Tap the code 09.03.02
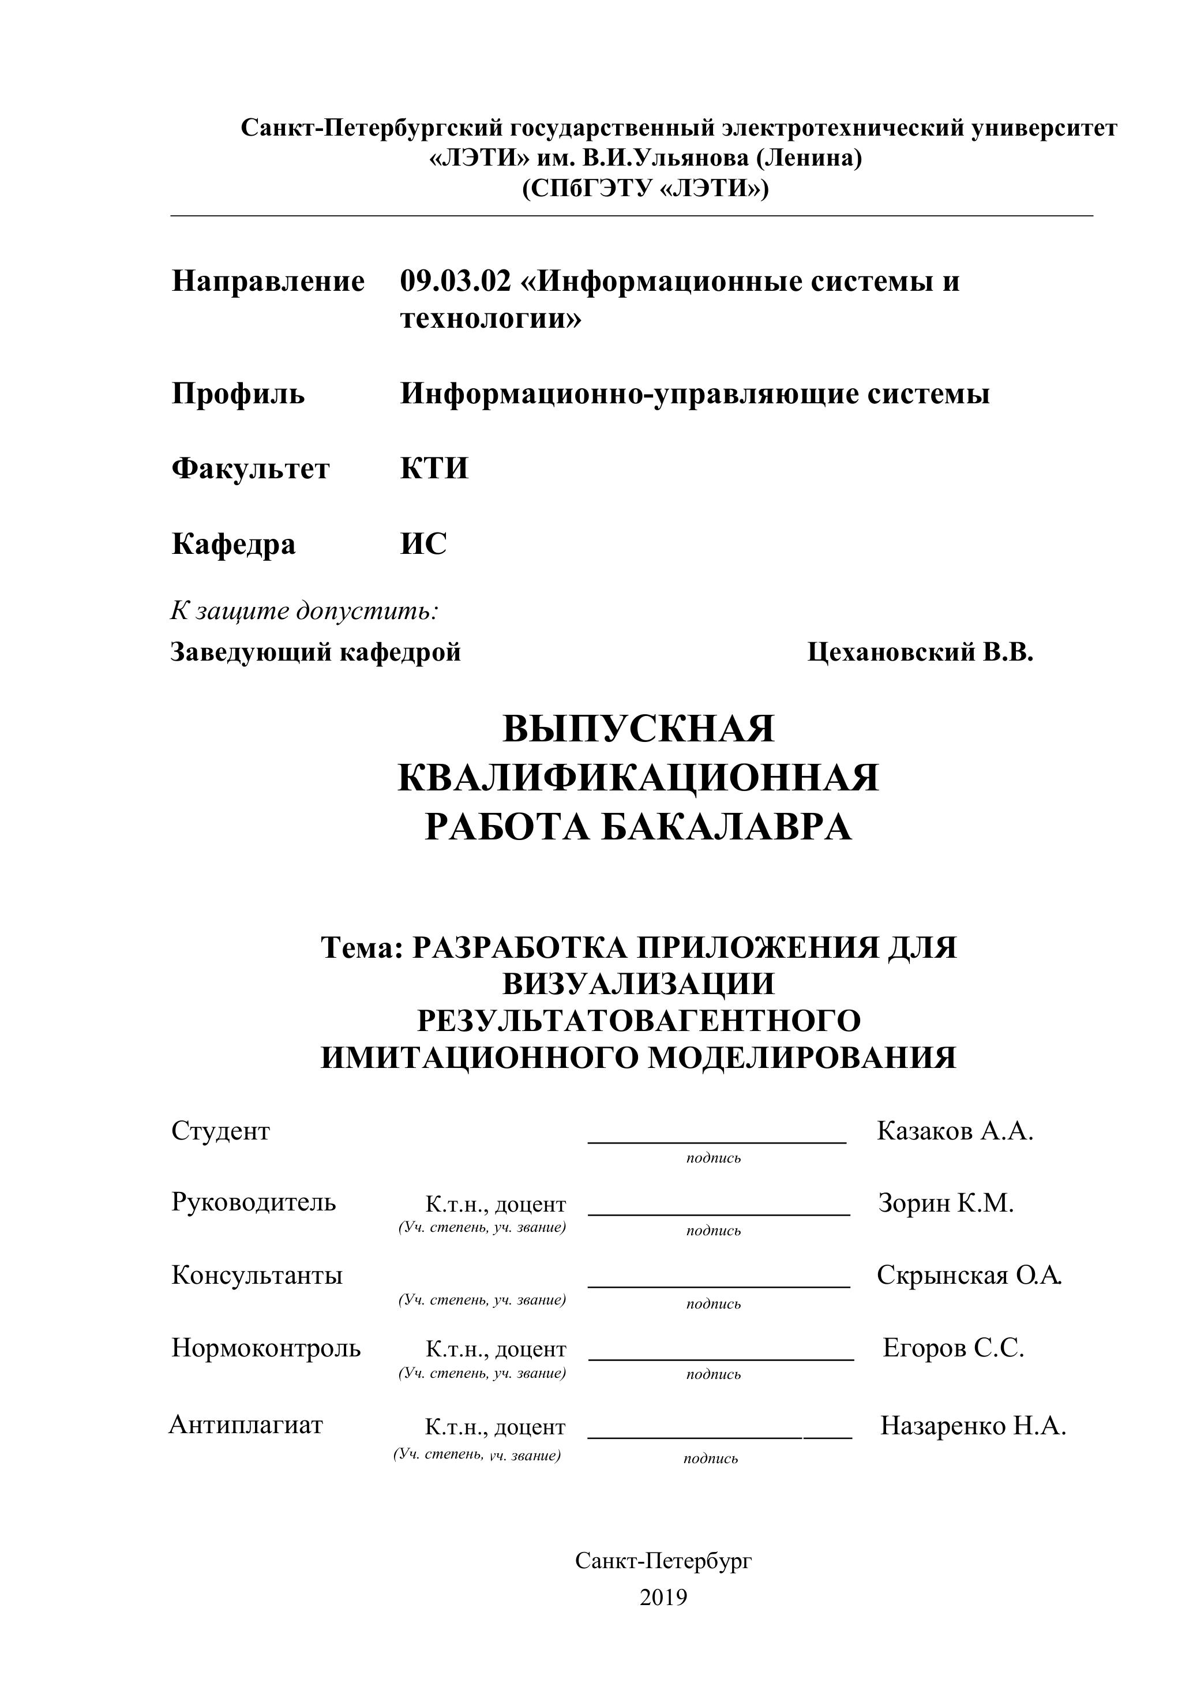(x=455, y=282)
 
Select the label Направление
(x=268, y=282)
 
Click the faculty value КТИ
(x=434, y=468)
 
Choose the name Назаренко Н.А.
(x=973, y=1426)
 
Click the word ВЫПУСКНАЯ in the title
(x=639, y=729)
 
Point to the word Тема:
(x=362, y=948)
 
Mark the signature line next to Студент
(x=717, y=1141)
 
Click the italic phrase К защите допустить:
(x=305, y=610)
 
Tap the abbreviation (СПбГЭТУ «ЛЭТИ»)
(x=645, y=189)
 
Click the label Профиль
(x=238, y=394)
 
